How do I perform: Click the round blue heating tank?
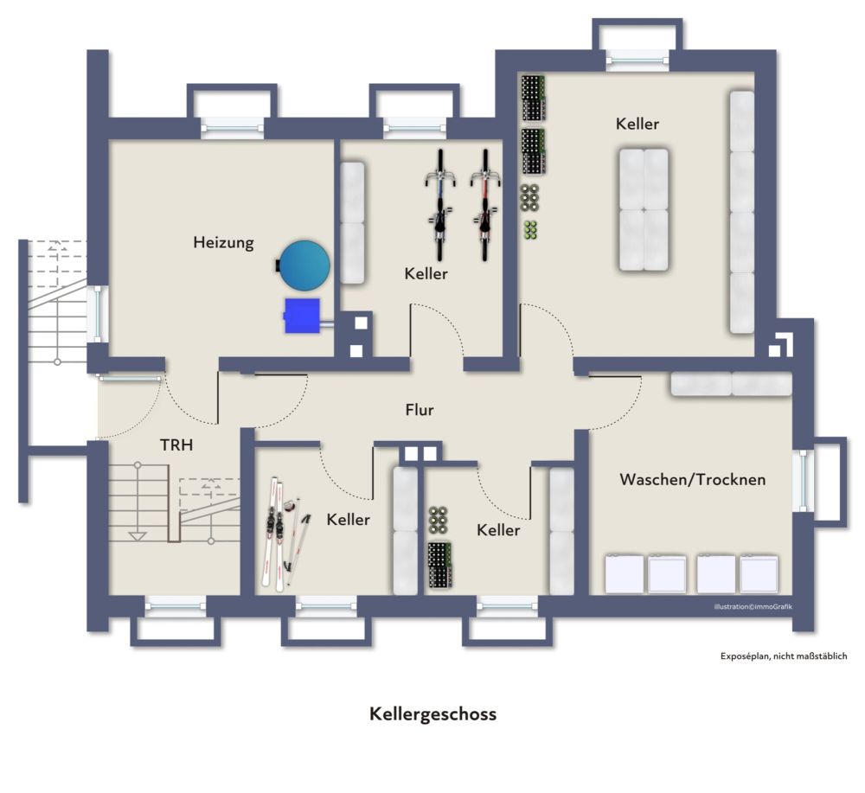[304, 265]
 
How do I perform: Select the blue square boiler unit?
[302, 316]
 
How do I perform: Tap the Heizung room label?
[223, 243]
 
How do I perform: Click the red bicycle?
[485, 205]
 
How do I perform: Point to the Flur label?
[420, 410]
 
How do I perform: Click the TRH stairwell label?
[176, 445]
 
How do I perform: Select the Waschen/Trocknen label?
[692, 479]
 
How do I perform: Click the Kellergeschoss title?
[433, 714]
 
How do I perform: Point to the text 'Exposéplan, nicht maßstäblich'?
[784, 656]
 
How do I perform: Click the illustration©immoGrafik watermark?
[753, 606]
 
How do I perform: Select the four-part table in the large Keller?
[644, 209]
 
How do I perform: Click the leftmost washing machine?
[624, 574]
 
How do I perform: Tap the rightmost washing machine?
[759, 574]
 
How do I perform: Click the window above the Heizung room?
[232, 128]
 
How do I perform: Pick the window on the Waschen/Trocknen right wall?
[803, 480]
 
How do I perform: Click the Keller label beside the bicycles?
[426, 273]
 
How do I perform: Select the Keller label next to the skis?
[348, 520]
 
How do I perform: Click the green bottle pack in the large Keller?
[530, 230]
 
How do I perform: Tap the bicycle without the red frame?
[439, 205]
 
